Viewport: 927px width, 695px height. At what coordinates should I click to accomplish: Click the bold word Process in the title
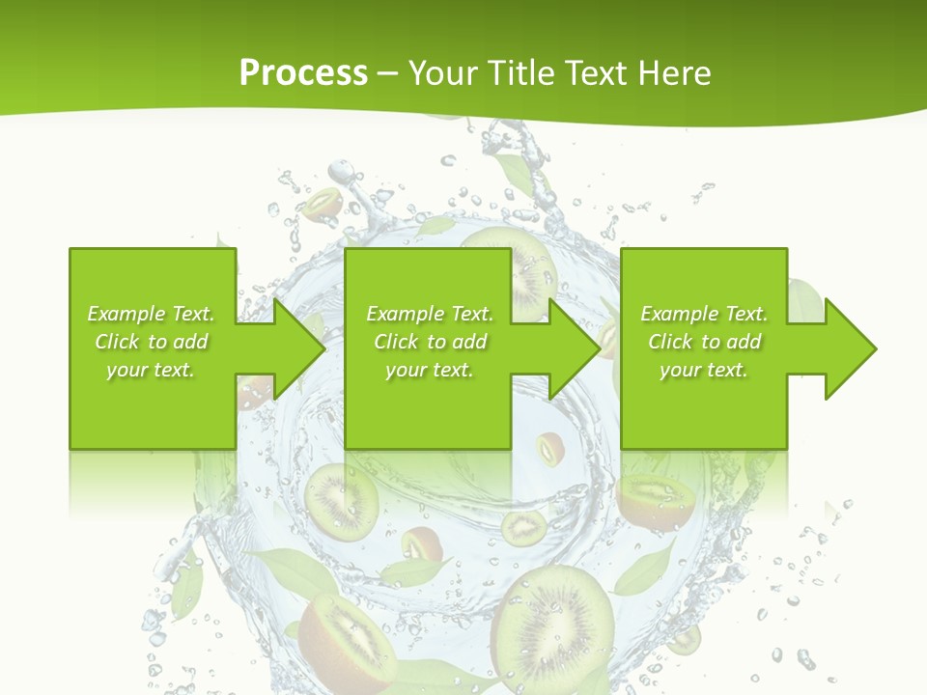[303, 72]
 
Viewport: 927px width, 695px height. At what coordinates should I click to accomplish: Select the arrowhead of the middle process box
[571, 348]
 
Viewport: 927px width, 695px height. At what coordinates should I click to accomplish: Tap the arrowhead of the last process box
[847, 348]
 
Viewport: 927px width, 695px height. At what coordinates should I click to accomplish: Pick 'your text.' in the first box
[151, 370]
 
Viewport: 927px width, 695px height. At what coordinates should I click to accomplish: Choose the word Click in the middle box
[397, 342]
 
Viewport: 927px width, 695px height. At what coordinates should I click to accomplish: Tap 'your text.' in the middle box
[429, 370]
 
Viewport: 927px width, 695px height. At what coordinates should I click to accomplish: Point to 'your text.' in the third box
[703, 370]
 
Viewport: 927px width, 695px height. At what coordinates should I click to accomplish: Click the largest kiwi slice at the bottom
[551, 627]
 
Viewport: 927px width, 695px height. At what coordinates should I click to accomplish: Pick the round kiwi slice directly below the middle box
[341, 502]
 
